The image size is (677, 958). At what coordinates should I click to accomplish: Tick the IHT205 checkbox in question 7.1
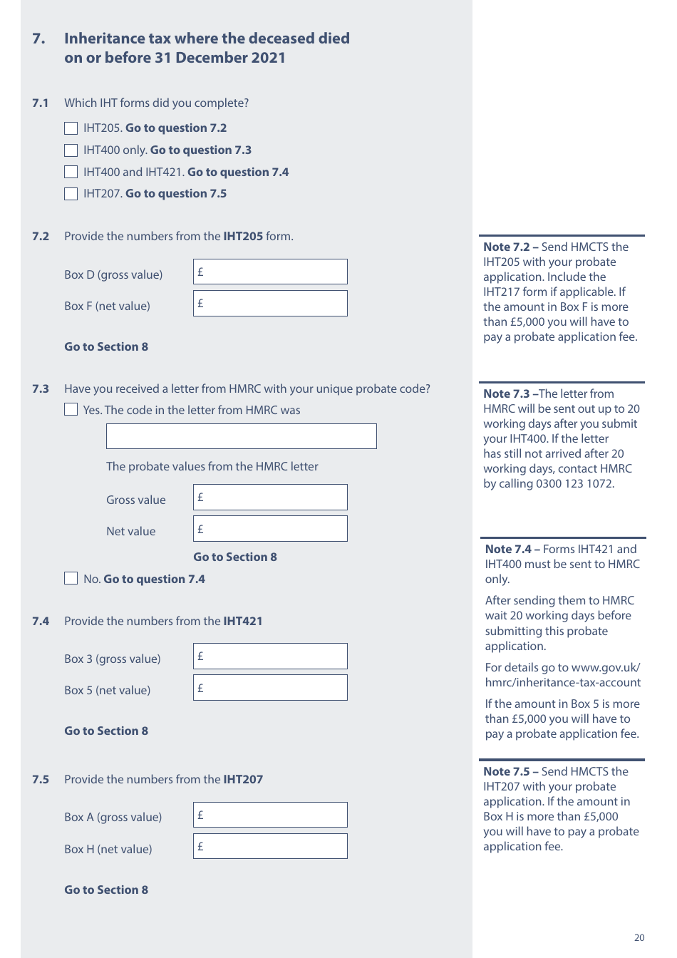point(71,128)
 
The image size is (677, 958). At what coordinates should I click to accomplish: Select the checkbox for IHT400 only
point(71,150)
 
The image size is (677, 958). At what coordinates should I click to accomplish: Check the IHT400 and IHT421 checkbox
point(71,172)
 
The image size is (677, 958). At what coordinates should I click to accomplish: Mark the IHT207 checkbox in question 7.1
point(71,194)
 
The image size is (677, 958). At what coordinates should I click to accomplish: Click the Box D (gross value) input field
point(270,272)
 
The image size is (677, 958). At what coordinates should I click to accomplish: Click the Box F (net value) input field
point(270,304)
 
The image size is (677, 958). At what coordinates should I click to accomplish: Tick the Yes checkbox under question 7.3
point(71,409)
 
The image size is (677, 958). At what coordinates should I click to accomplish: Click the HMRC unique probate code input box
point(241,436)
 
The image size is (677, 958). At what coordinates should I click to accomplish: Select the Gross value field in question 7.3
point(270,498)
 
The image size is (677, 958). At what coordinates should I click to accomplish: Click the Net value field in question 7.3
point(270,529)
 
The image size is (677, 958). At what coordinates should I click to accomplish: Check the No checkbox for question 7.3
point(71,578)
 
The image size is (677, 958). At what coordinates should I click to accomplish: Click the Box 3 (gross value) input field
point(270,656)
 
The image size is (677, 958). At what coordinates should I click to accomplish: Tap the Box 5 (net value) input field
point(270,688)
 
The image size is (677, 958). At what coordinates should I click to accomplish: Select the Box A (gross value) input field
point(270,815)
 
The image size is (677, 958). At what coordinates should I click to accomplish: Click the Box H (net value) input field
point(270,847)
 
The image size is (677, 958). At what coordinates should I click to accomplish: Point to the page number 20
point(639,938)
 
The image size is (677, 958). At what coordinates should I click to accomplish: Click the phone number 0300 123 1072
point(574,484)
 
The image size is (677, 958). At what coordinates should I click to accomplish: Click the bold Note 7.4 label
point(508,550)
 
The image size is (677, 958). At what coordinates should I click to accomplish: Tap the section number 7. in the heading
point(39,38)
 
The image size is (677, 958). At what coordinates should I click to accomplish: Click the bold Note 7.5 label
point(507,772)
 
